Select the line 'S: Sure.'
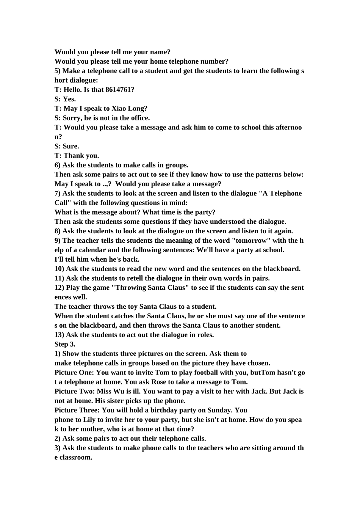pyautogui.click(x=67, y=146)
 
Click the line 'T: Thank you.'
pyautogui.click(x=77, y=156)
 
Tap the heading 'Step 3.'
pyautogui.click(x=65, y=344)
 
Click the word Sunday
pyautogui.click(x=219, y=410)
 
